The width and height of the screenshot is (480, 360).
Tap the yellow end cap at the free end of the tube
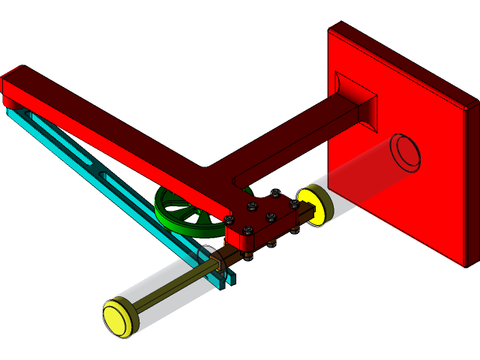tap(120, 317)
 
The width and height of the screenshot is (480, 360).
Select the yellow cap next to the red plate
tap(311, 205)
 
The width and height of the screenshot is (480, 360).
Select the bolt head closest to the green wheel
tap(229, 220)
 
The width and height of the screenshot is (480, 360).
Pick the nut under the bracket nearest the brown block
tap(247, 257)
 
